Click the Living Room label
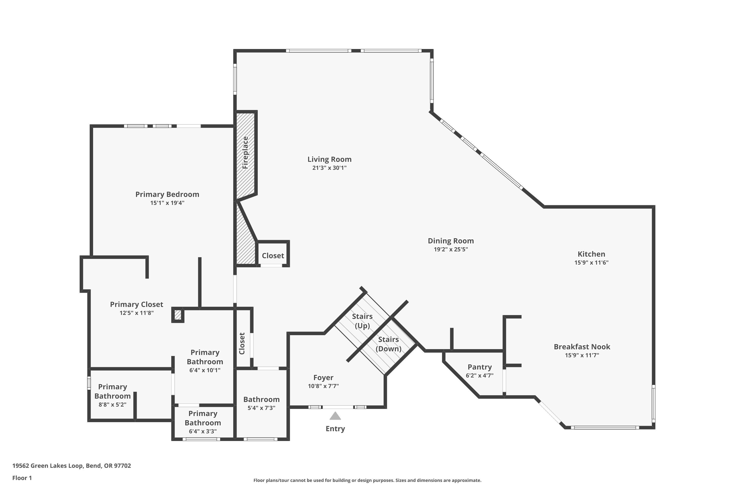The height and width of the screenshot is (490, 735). [x=329, y=159]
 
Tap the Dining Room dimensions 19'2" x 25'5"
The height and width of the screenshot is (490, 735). [x=451, y=249]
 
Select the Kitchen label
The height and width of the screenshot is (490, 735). [x=591, y=254]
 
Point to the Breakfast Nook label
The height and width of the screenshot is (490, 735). [x=582, y=347]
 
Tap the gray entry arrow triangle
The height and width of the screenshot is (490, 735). [x=335, y=416]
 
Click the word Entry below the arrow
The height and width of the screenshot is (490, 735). [x=335, y=429]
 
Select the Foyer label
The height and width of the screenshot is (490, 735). [x=323, y=378]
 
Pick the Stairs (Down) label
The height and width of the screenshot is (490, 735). [x=388, y=344]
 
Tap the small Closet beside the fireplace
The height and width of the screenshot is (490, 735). [x=273, y=256]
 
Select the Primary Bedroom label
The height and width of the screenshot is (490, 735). [x=167, y=194]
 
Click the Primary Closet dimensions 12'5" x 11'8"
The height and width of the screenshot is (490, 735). [x=136, y=313]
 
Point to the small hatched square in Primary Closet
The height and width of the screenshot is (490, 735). [x=177, y=315]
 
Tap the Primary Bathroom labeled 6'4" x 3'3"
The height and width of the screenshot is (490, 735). [x=203, y=422]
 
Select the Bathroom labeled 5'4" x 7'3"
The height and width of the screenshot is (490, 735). [x=261, y=403]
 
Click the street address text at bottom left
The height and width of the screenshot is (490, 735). [x=72, y=466]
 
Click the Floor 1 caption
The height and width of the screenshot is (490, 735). [x=22, y=478]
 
